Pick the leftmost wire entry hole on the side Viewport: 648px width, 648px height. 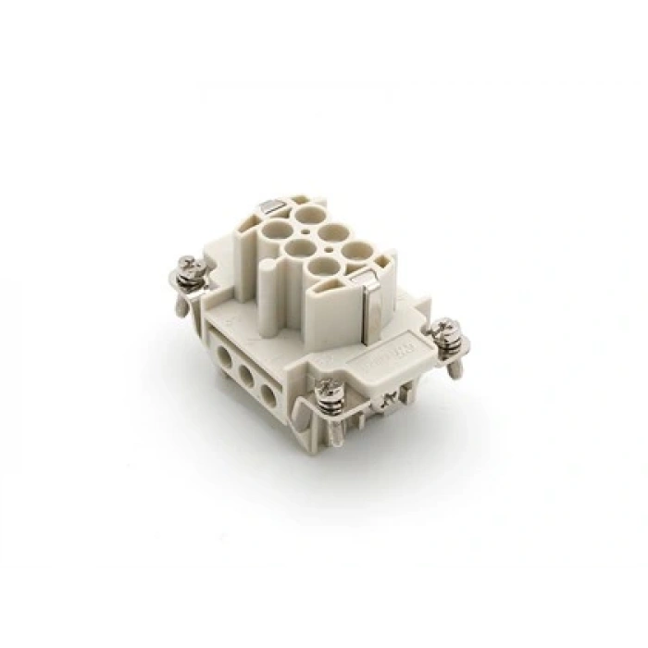(x=222, y=355)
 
